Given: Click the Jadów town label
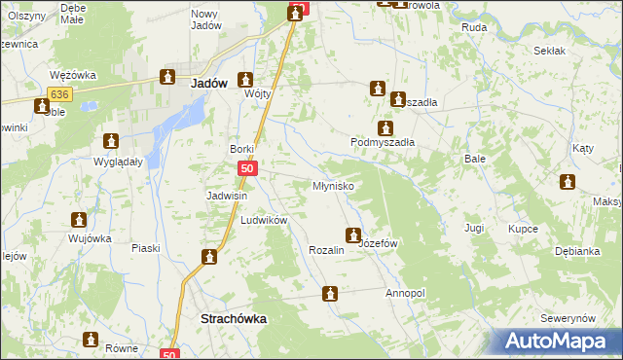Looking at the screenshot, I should click(210, 84).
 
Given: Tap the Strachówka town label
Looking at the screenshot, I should click(233, 318).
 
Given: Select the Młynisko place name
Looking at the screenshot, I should click(332, 185).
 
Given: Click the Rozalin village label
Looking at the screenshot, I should click(327, 250).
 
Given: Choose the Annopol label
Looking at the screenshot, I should click(406, 293).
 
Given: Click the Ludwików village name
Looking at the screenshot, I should click(264, 221).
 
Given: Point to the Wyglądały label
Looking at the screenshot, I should click(118, 162).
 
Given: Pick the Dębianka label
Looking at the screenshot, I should click(577, 251).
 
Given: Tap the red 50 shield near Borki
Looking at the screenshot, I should click(248, 169).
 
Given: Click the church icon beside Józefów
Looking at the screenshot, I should click(352, 234).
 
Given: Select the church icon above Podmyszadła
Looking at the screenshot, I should click(385, 127).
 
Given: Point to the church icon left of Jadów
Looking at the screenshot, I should click(167, 77).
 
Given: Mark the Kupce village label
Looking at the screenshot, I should click(524, 229).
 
